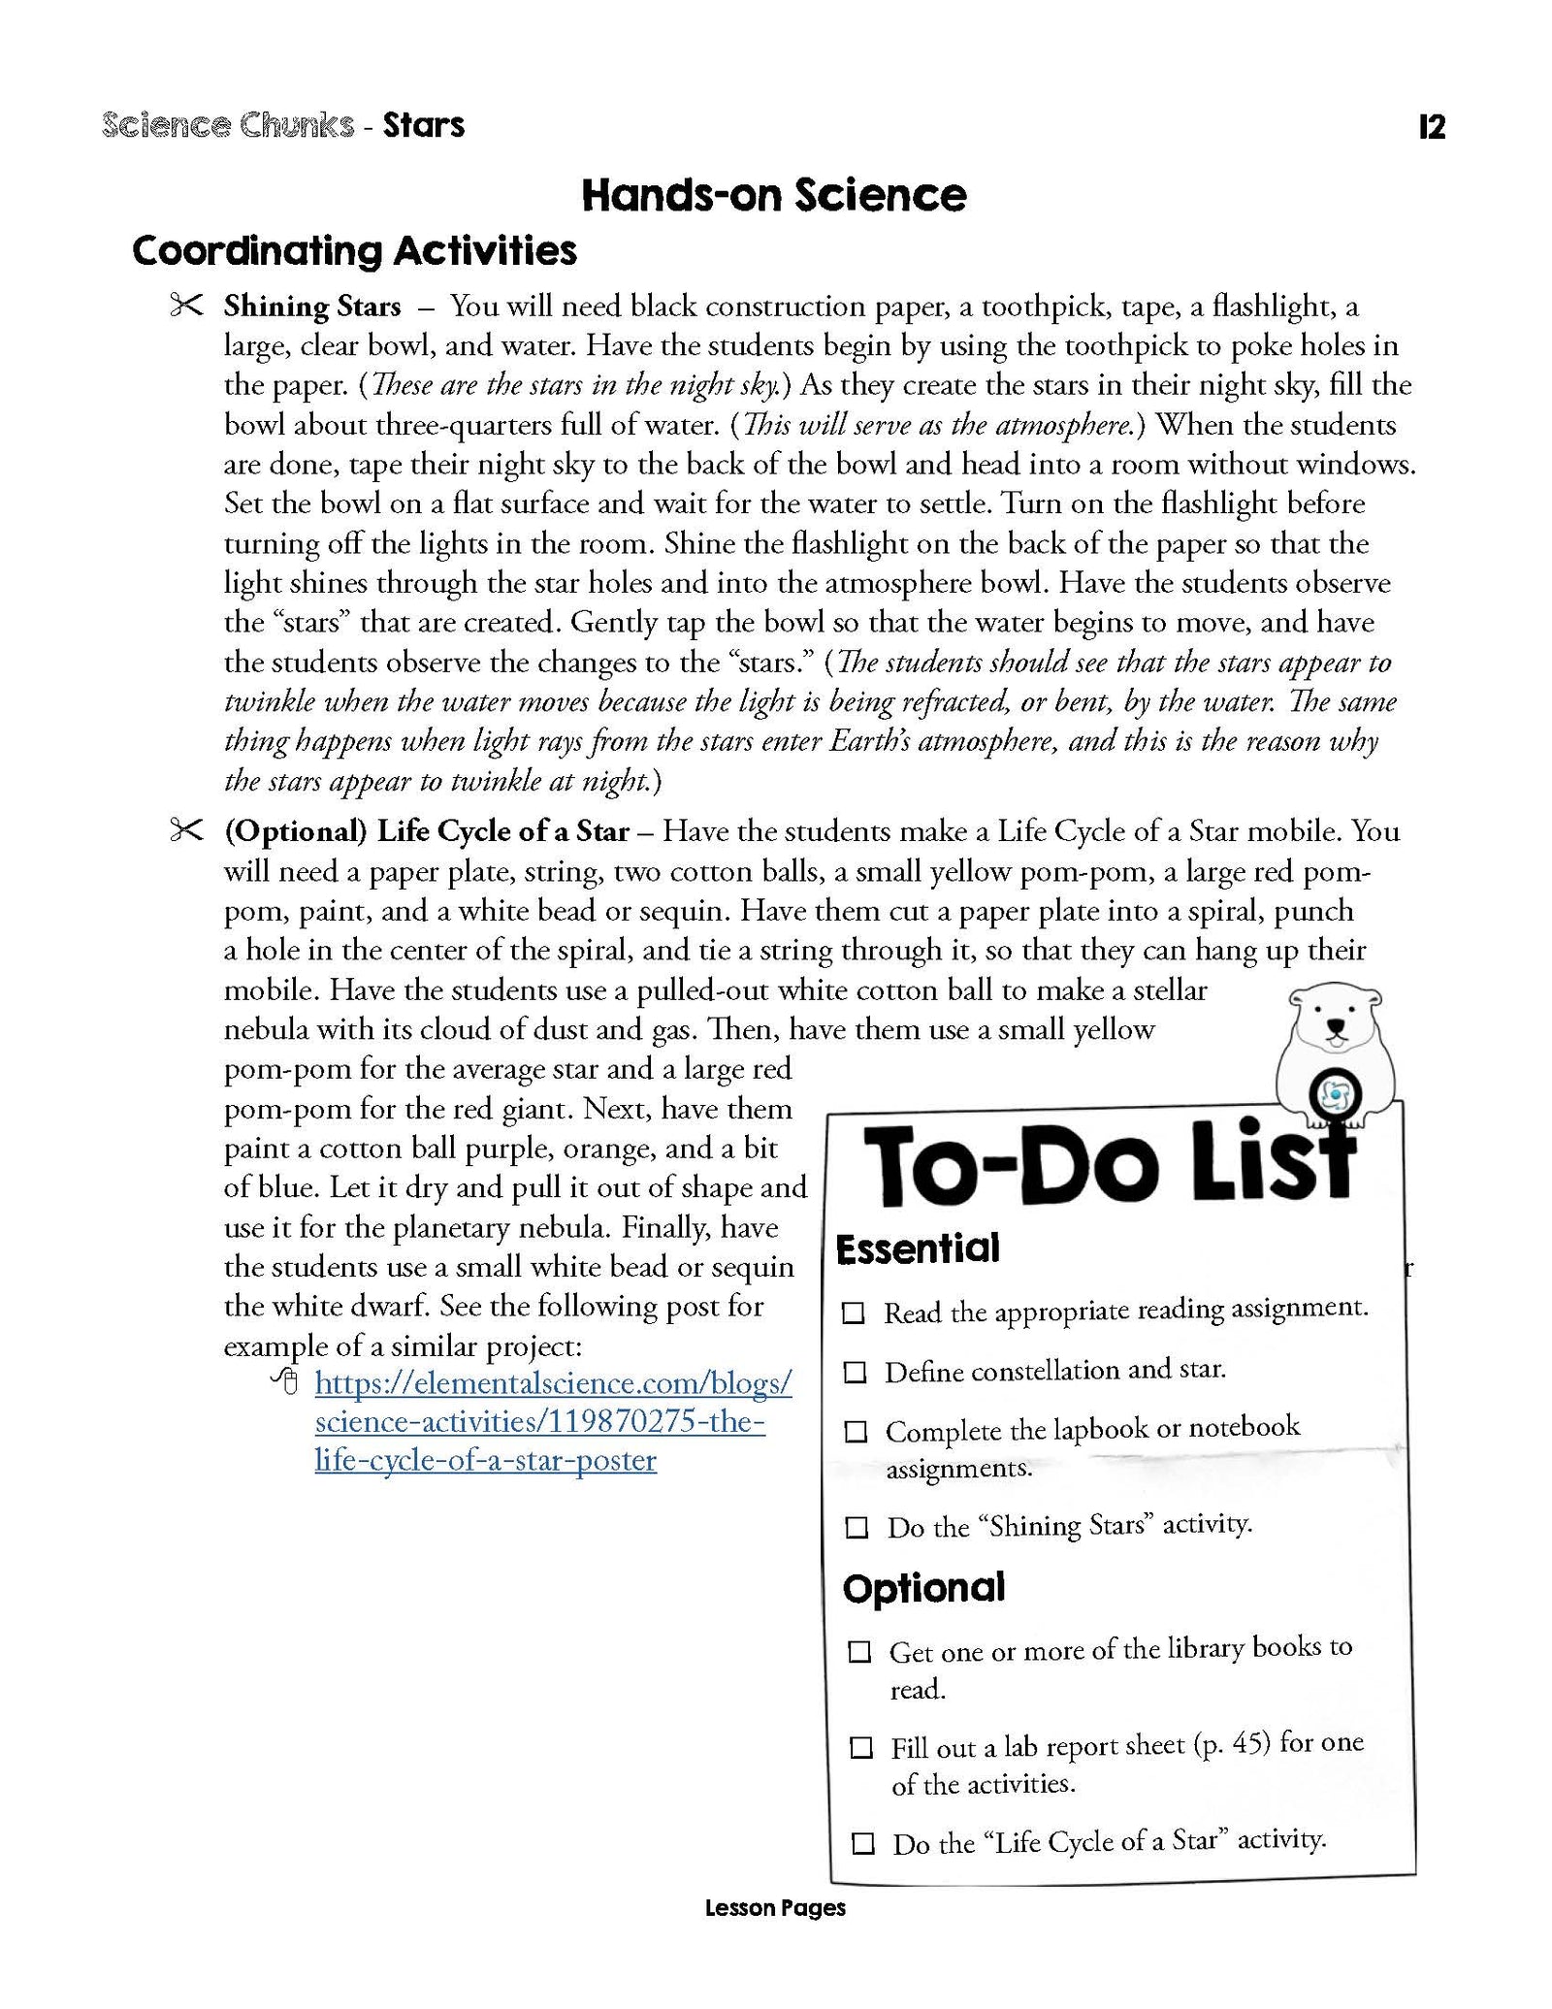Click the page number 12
pyautogui.click(x=1431, y=127)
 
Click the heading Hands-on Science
pyautogui.click(x=774, y=195)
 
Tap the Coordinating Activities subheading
pyautogui.click(x=354, y=251)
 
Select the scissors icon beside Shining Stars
pyautogui.click(x=185, y=306)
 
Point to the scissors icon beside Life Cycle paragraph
pyautogui.click(x=185, y=830)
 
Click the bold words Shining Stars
pyautogui.click(x=312, y=307)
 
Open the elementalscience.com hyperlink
pyautogui.click(x=554, y=1421)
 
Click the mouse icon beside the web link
pyautogui.click(x=285, y=1381)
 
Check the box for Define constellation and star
pyautogui.click(x=855, y=1373)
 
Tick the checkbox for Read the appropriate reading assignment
pyautogui.click(x=853, y=1313)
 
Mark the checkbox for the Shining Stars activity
pyautogui.click(x=857, y=1528)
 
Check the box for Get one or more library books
pyautogui.click(x=859, y=1652)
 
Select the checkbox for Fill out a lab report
pyautogui.click(x=860, y=1748)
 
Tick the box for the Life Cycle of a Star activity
pyautogui.click(x=862, y=1843)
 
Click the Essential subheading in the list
pyautogui.click(x=917, y=1248)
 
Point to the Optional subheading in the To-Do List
pyautogui.click(x=923, y=1588)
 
